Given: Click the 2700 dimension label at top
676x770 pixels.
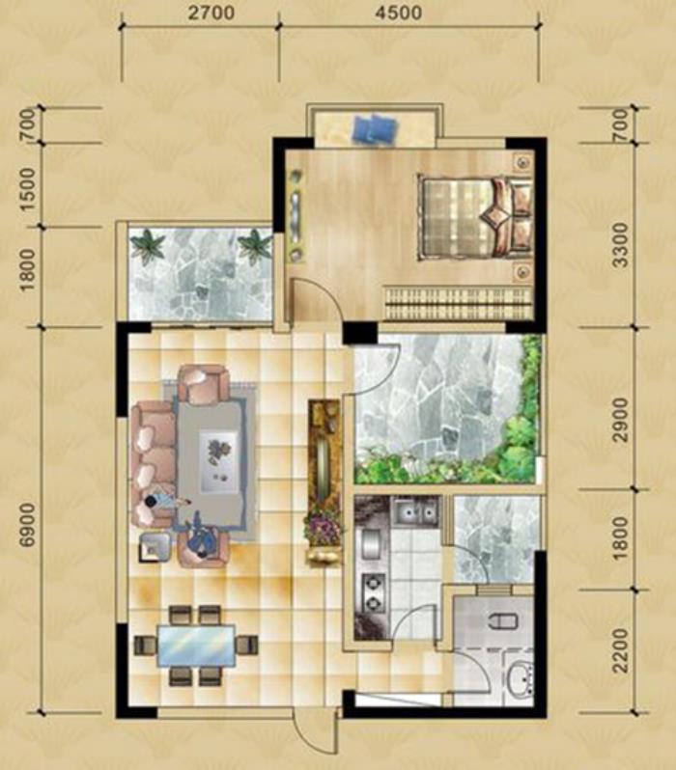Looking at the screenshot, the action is [x=211, y=13].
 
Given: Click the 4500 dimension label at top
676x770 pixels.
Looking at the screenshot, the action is [x=398, y=13].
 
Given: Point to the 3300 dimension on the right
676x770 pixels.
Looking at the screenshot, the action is [x=621, y=244].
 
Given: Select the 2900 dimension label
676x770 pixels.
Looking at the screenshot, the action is [x=621, y=420].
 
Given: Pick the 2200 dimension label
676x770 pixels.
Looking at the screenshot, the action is [x=621, y=649].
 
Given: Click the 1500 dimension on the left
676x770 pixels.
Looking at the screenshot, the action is [x=28, y=189].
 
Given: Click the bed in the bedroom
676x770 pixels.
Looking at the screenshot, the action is [x=475, y=216].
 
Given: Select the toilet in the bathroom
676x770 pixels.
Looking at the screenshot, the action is [x=503, y=621].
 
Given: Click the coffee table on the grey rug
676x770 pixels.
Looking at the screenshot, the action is [x=219, y=460].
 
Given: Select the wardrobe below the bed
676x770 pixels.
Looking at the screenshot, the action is [x=458, y=304].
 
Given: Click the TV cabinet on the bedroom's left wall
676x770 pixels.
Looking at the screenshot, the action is [x=296, y=213].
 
